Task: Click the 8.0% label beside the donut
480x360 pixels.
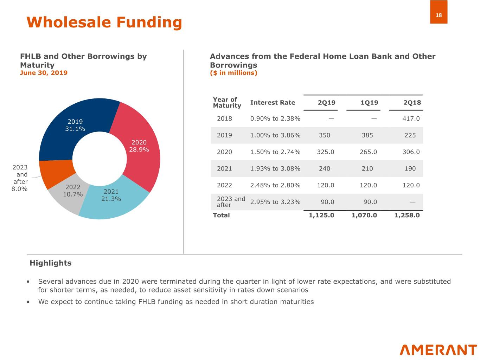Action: (20, 189)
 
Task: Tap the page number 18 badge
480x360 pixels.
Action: (439, 15)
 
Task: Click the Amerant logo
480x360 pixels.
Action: (438, 350)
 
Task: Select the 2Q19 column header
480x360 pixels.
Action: (326, 103)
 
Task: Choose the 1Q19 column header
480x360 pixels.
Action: (369, 103)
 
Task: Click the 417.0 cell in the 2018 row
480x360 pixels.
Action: (411, 118)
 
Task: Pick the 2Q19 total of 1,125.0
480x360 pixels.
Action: (321, 215)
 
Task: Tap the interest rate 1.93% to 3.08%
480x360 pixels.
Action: (275, 169)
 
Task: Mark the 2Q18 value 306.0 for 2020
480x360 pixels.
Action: (411, 152)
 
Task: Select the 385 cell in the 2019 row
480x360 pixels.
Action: (367, 135)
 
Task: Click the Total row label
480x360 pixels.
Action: (221, 215)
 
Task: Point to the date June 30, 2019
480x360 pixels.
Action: (44, 73)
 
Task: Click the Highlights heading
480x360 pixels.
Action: (50, 263)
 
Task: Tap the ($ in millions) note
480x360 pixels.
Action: (233, 73)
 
